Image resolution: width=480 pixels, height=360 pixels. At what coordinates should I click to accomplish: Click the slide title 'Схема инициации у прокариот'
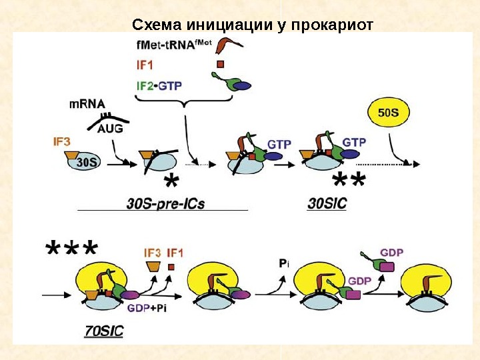pyautogui.click(x=253, y=25)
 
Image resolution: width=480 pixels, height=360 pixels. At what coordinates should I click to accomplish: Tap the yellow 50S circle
pyautogui.click(x=389, y=113)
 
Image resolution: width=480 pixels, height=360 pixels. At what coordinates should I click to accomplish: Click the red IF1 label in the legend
pyautogui.click(x=145, y=65)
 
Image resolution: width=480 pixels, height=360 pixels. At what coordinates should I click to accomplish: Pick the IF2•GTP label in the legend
pyautogui.click(x=159, y=86)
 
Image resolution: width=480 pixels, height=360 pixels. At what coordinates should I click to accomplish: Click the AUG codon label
pyautogui.click(x=111, y=129)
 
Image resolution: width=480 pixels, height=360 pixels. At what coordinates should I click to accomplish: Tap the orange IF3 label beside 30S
pyautogui.click(x=63, y=141)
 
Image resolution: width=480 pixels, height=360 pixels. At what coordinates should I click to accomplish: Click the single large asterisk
pyautogui.click(x=173, y=182)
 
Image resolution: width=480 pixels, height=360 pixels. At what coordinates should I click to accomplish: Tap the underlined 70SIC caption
pyautogui.click(x=105, y=330)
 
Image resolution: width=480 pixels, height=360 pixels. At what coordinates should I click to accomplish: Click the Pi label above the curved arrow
pyautogui.click(x=283, y=264)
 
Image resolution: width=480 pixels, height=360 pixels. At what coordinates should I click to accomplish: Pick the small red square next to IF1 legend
pyautogui.click(x=219, y=65)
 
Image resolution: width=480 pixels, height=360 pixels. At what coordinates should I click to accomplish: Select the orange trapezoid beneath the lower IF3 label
pyautogui.click(x=152, y=267)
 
